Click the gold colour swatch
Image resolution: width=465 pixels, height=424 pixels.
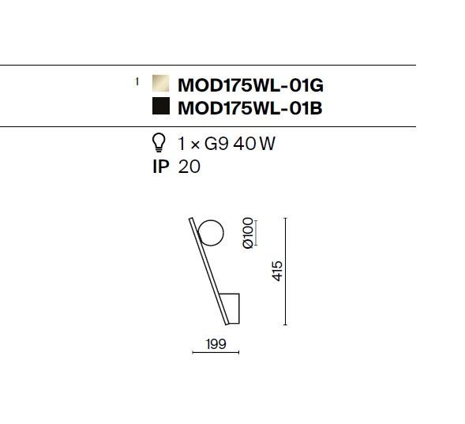161,84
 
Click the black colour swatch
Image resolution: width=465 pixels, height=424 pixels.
161,106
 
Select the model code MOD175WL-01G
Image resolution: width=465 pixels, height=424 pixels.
250,85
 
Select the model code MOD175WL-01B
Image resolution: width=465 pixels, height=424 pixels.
250,108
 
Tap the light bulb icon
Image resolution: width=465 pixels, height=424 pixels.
159,143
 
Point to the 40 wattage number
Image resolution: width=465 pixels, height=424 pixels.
245,144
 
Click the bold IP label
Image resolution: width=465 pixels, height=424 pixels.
161,167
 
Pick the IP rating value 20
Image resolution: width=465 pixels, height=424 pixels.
189,167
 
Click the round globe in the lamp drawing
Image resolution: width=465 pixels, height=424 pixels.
211,233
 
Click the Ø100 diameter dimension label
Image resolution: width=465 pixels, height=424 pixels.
248,233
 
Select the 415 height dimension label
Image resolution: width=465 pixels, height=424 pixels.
277,271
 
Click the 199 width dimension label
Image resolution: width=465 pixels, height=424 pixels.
216,344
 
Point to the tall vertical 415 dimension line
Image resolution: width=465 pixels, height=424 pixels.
285,272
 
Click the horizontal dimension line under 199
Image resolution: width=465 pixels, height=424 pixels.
216,352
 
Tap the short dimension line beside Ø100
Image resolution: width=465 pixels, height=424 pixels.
256,233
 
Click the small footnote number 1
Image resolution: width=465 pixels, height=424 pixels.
137,81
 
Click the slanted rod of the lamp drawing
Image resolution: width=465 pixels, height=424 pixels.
209,272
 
